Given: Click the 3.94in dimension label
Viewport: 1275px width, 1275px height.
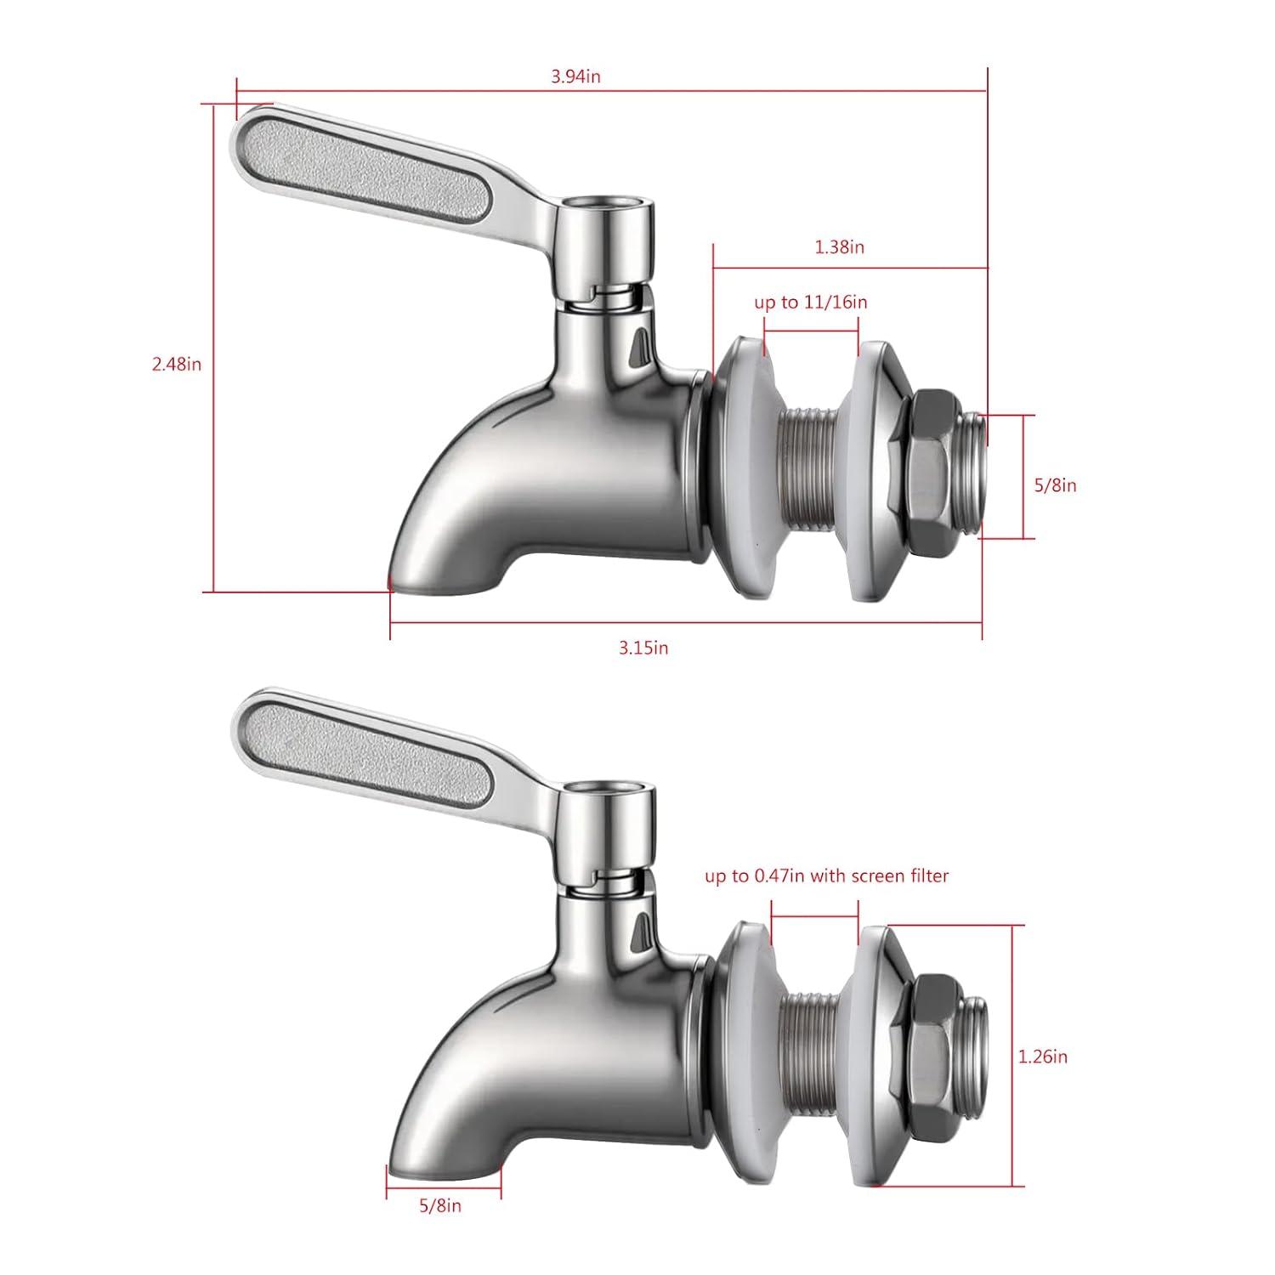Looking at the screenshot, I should (x=575, y=76).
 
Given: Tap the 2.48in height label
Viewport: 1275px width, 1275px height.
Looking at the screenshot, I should (x=177, y=364).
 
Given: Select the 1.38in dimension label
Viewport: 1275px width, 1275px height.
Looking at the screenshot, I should (x=839, y=247).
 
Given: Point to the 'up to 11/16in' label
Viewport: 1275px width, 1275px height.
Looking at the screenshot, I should (x=810, y=303).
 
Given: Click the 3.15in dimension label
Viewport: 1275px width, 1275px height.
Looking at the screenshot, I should (x=643, y=648).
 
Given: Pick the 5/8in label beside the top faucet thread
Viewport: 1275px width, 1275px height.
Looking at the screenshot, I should (x=1055, y=485).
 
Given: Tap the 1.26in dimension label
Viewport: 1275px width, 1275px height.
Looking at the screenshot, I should (x=1042, y=1057).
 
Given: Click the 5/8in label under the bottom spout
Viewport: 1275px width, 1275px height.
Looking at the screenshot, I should (x=440, y=1205).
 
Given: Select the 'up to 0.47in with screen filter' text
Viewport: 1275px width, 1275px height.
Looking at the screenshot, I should (x=826, y=875).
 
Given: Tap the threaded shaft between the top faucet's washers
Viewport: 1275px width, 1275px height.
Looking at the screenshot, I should (x=812, y=472).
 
